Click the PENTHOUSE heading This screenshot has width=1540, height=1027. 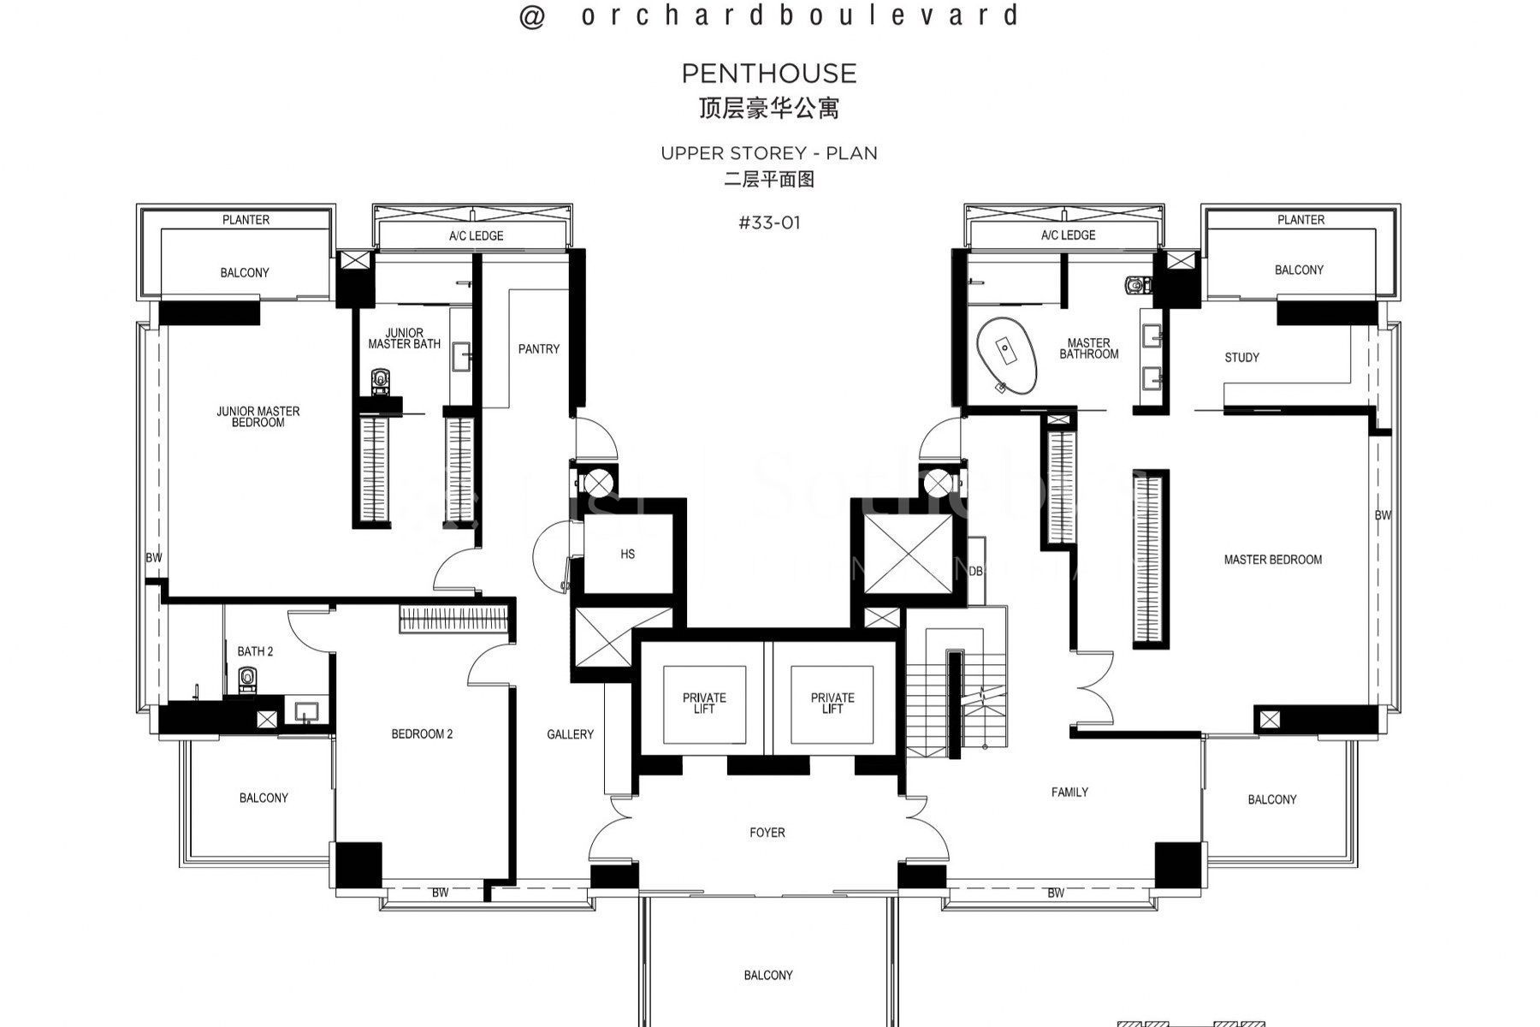pos(768,74)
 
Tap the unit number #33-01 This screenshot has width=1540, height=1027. pos(769,223)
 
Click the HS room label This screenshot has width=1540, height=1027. pos(627,555)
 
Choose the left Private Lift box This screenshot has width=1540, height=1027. pos(704,703)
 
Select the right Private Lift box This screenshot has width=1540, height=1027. pos(832,703)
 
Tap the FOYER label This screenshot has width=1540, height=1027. pos(767,833)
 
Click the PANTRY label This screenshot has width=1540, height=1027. pos(539,349)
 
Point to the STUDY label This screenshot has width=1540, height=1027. pos(1241,358)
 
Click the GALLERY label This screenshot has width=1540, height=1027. pos(570,734)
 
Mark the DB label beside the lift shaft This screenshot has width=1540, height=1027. pos(976,571)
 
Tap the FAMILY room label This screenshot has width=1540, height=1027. pos(1069,793)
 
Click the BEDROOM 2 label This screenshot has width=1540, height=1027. pos(422,734)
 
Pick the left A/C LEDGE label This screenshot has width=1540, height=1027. pos(476,236)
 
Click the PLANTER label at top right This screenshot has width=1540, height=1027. pos(1300,220)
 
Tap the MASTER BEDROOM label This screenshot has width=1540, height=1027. pos(1272,560)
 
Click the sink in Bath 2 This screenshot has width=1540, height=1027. pos(306,712)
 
